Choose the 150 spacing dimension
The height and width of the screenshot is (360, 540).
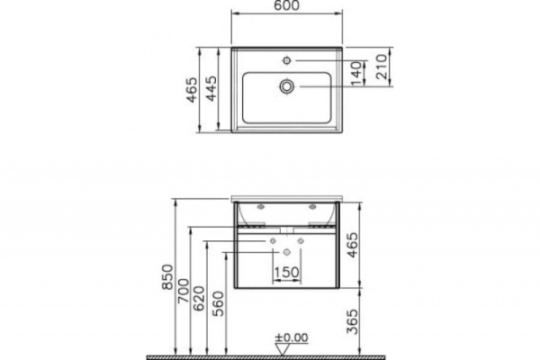286,273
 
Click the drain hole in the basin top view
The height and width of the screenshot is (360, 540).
286,86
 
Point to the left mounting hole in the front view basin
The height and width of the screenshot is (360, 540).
258,209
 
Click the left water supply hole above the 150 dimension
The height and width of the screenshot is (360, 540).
273,241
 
